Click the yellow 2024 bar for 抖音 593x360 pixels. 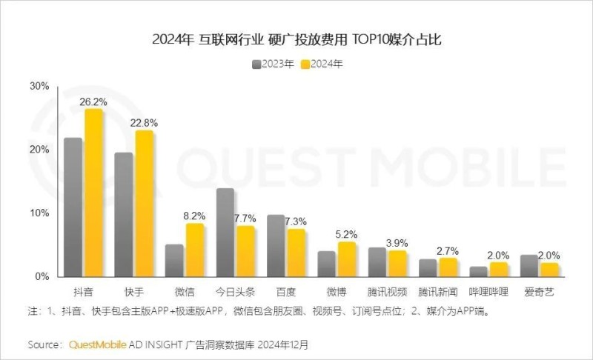[x=93, y=193]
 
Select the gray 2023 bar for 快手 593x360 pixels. [x=124, y=215]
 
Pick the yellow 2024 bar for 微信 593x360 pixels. [x=195, y=250]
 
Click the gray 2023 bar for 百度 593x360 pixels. [x=276, y=245]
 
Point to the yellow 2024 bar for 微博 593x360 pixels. [x=347, y=259]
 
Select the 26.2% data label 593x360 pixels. [x=93, y=101]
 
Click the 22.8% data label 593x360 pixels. [x=144, y=122]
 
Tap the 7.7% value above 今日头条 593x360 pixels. [x=245, y=218]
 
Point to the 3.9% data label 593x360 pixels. [x=397, y=242]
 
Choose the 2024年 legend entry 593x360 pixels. [x=322, y=64]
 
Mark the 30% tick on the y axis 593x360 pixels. [x=39, y=86]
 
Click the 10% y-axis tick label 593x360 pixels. [x=39, y=213]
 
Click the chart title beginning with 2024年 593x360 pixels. [x=296, y=39]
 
